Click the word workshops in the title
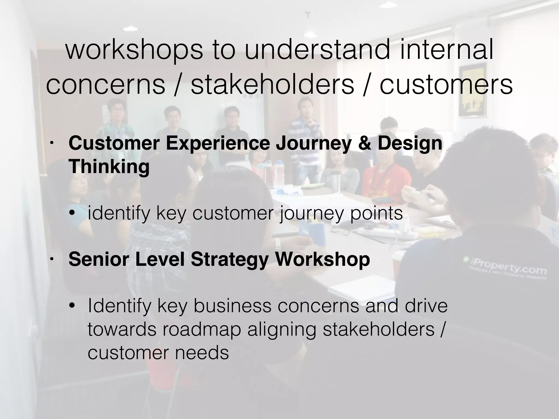point(134,51)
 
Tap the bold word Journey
point(314,144)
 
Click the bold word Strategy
point(230,259)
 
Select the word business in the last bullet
point(232,306)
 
